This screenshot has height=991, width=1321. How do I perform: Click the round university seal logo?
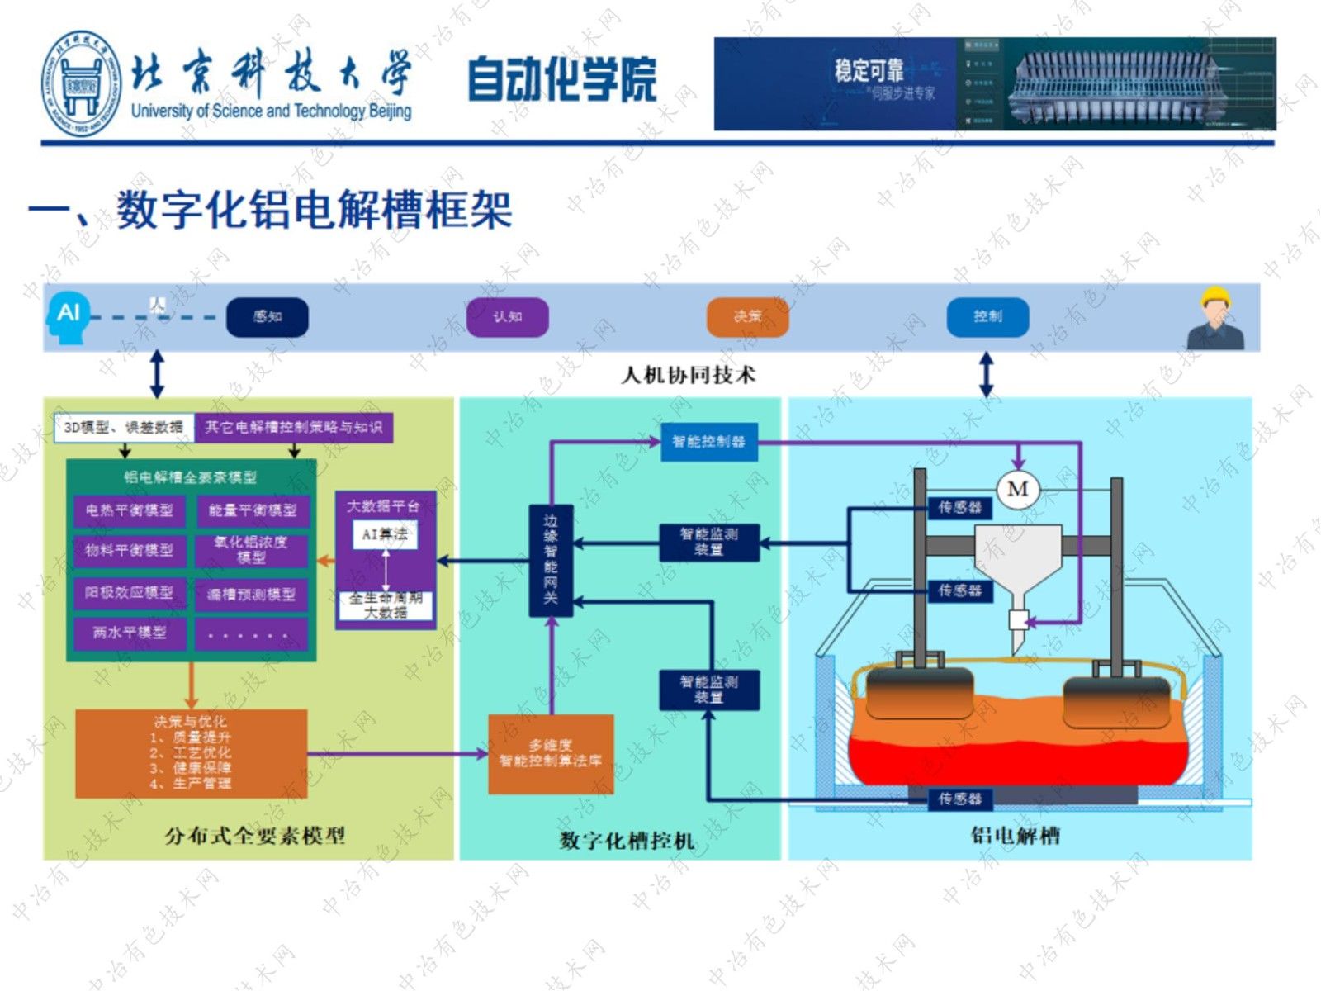click(82, 84)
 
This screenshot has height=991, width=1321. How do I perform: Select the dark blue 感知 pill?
click(268, 317)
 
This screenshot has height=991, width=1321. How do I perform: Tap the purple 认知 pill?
click(507, 317)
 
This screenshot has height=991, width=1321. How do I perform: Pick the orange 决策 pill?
click(747, 317)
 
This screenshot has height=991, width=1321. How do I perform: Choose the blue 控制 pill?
click(987, 317)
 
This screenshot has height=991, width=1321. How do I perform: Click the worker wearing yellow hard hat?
click(1214, 319)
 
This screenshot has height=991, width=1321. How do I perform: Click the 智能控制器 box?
click(708, 442)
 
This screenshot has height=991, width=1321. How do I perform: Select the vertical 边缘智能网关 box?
click(551, 560)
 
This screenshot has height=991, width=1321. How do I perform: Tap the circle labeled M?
click(1018, 489)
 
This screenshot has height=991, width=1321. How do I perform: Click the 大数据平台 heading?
click(384, 505)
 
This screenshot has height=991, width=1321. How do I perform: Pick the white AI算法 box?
click(385, 534)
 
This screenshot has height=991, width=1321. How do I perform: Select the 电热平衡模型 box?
click(130, 510)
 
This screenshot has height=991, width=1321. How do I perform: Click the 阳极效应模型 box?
click(130, 593)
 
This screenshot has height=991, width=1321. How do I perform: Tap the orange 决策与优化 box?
click(191, 752)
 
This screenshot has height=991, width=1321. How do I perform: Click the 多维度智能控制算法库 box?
click(551, 753)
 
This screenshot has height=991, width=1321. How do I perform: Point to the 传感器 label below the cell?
click(960, 799)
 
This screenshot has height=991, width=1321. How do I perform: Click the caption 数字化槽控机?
click(626, 841)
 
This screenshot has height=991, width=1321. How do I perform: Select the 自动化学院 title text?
click(562, 80)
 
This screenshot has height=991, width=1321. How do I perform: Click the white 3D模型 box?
click(124, 427)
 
